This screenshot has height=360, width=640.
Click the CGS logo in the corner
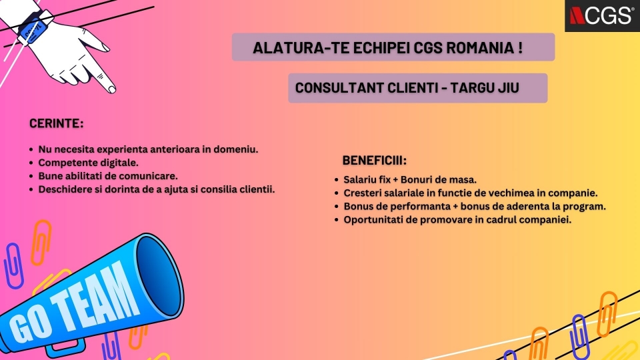tap(602, 15)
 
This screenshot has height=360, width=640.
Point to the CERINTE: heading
tap(56, 123)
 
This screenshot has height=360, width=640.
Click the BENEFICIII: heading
tap(374, 161)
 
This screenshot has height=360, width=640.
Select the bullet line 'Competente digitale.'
tap(88, 163)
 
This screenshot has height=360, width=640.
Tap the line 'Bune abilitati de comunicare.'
tap(108, 176)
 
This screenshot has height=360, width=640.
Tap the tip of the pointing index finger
tap(112, 89)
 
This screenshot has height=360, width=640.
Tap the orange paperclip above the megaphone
tap(41, 243)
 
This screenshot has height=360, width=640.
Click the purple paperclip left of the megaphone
tap(13, 266)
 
